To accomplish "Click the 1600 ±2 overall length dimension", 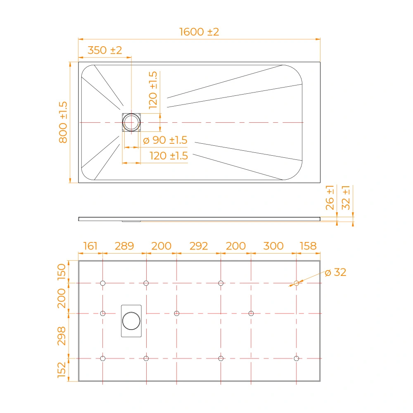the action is (199, 32).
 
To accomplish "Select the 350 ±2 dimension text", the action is (105, 50).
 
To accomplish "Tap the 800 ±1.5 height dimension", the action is (63, 123).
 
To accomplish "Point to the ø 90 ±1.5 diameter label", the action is (165, 140).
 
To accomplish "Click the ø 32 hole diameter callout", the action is (335, 272).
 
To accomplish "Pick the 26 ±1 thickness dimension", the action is (330, 197).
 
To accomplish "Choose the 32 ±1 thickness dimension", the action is (346, 197).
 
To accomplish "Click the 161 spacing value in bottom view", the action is (90, 246).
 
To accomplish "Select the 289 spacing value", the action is (124, 246).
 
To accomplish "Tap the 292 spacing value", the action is (199, 246).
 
